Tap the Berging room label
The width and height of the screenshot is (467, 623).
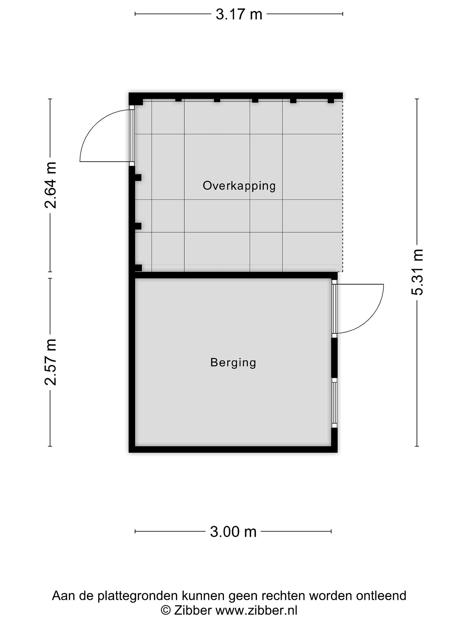coord(233,363)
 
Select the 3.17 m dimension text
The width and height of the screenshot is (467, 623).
coord(239,14)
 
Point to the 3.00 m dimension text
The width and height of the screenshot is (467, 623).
coord(233,532)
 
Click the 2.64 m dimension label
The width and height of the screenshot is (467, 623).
coord(51,185)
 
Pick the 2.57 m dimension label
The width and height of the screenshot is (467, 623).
coord(51,362)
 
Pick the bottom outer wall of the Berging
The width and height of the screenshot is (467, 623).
coord(233,449)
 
